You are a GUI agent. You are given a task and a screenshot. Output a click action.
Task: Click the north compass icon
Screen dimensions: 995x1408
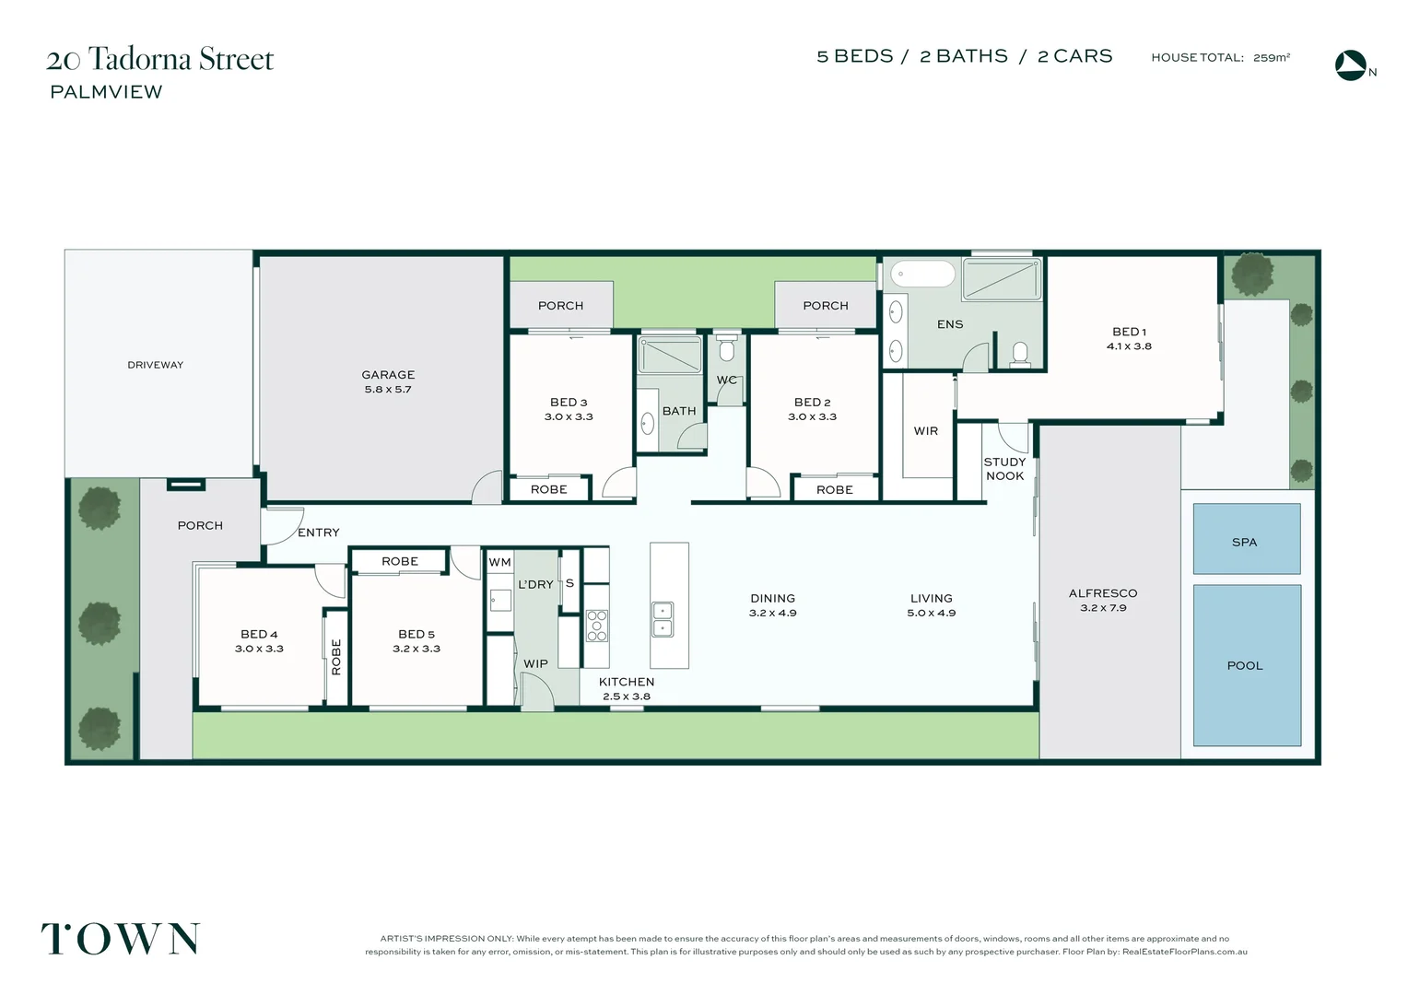1351,65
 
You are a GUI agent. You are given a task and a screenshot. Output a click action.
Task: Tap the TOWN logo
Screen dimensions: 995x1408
121,939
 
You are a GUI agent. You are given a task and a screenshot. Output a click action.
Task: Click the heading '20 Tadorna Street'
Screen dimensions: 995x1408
160,59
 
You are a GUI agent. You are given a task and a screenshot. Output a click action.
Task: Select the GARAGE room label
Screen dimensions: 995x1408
388,375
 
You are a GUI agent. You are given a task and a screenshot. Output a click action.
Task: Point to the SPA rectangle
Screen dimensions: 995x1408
1246,540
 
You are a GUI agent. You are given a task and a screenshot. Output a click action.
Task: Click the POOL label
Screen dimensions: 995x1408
1245,665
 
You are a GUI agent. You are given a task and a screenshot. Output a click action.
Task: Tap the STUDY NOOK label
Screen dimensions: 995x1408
1004,469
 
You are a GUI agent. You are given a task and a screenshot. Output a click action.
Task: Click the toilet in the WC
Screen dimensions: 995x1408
727,350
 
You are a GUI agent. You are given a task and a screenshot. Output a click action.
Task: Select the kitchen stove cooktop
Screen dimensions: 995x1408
597,625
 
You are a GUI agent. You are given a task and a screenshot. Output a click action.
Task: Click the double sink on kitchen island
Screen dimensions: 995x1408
663,619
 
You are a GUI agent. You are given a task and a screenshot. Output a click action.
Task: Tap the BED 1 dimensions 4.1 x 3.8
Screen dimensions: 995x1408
1129,346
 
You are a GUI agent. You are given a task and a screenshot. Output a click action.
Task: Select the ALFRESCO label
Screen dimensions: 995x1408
1103,593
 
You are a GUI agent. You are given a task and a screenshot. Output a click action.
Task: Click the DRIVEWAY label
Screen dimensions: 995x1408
155,365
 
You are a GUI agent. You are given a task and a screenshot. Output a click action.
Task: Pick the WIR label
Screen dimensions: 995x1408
926,431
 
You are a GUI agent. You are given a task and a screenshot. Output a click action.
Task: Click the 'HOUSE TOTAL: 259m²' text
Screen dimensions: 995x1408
1220,57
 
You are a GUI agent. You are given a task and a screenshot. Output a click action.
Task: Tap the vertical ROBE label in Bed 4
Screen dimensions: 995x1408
336,657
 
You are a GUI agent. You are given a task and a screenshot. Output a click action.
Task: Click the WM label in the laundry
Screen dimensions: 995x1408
499,562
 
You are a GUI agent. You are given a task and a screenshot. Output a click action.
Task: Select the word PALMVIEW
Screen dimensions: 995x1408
106,92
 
